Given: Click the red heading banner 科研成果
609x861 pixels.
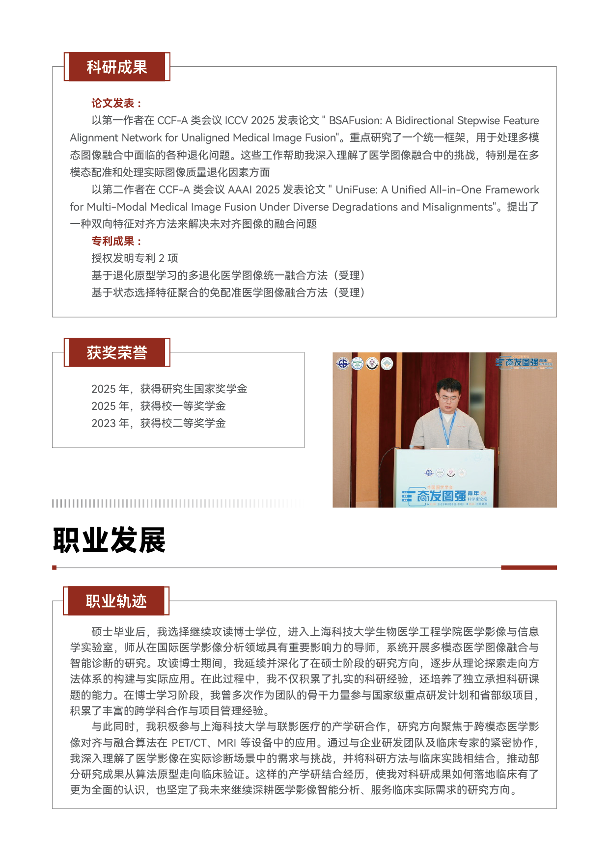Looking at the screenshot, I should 117,67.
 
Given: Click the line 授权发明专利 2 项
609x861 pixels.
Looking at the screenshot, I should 135,258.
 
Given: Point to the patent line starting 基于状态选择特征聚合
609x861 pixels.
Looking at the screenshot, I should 228,293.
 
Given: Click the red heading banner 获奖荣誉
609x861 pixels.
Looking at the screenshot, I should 117,352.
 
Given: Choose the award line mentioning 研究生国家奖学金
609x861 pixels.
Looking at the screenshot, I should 169,389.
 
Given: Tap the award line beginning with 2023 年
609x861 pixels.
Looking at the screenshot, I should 158,423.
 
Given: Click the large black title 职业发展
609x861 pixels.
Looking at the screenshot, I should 109,540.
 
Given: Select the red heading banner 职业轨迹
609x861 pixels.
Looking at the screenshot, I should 116,601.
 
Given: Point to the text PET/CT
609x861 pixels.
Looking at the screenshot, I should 189,743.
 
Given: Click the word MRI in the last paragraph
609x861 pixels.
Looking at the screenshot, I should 227,743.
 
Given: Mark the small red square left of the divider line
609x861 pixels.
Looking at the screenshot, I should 55,567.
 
